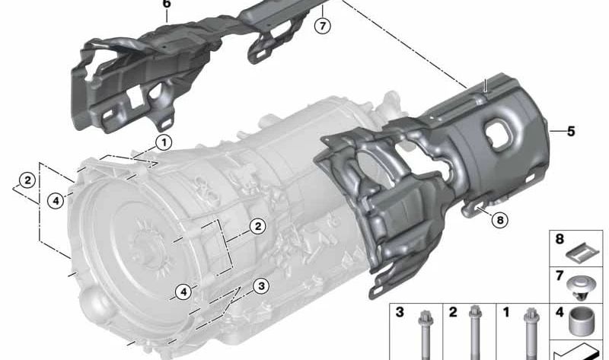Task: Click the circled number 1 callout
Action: point(164,142)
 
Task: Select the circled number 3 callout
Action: point(261,286)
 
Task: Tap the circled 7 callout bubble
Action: point(322,26)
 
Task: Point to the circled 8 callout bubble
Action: point(500,220)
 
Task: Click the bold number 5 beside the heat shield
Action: point(570,131)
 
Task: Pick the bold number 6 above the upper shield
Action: point(166,4)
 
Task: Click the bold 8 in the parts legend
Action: point(560,239)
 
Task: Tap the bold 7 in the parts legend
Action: point(560,276)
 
